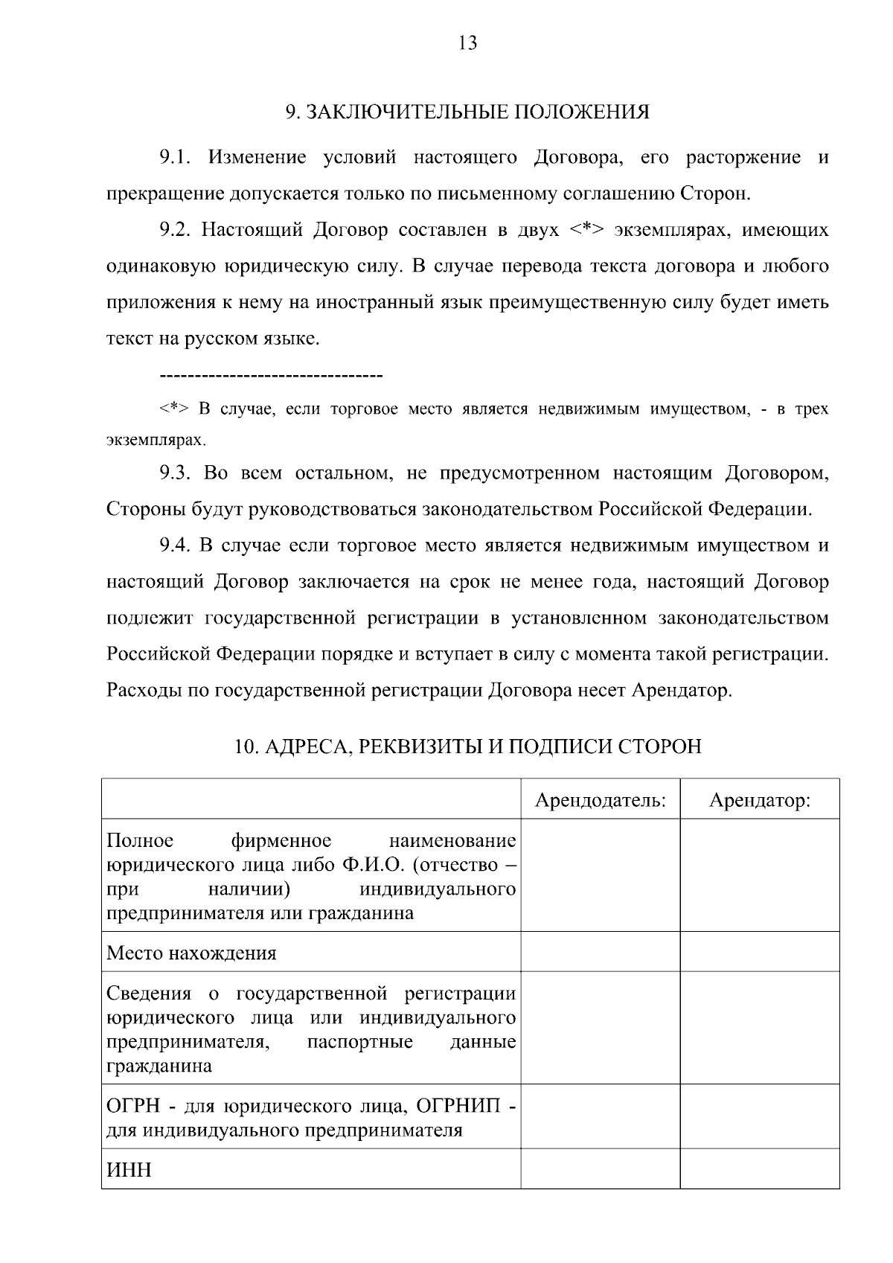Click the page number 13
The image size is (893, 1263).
(x=468, y=43)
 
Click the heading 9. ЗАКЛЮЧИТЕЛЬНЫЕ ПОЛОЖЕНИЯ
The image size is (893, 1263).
(x=467, y=112)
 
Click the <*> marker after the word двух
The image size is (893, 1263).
(x=587, y=230)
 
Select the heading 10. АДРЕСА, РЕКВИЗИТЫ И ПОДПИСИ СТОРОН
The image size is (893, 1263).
(x=467, y=746)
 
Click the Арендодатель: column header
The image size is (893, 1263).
(x=600, y=801)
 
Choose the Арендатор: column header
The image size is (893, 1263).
(x=759, y=801)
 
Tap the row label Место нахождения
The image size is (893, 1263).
(x=191, y=953)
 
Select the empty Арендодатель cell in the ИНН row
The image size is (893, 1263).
(x=600, y=1169)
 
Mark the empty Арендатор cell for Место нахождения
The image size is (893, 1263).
(x=759, y=953)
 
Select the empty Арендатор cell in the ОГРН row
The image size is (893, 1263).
(x=759, y=1116)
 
